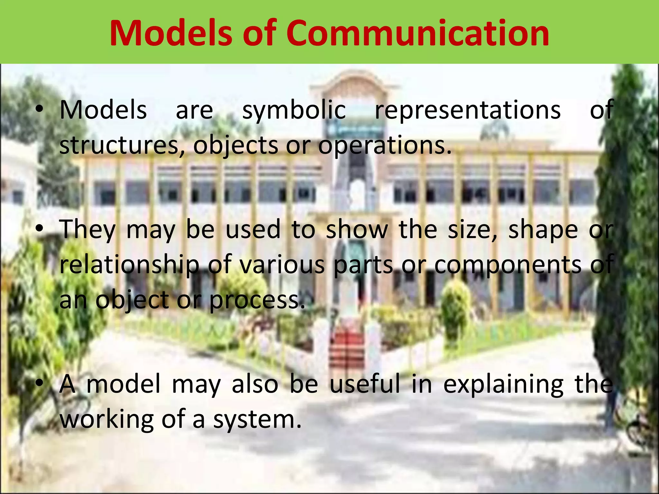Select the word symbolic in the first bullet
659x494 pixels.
[x=294, y=110]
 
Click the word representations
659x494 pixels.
[x=468, y=110]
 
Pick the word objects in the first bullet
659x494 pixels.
[x=236, y=145]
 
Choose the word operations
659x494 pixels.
[x=385, y=145]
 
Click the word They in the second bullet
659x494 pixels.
[x=88, y=230]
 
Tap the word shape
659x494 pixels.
[x=543, y=230]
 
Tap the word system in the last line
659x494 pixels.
[x=257, y=419]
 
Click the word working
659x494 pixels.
[x=107, y=419]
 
